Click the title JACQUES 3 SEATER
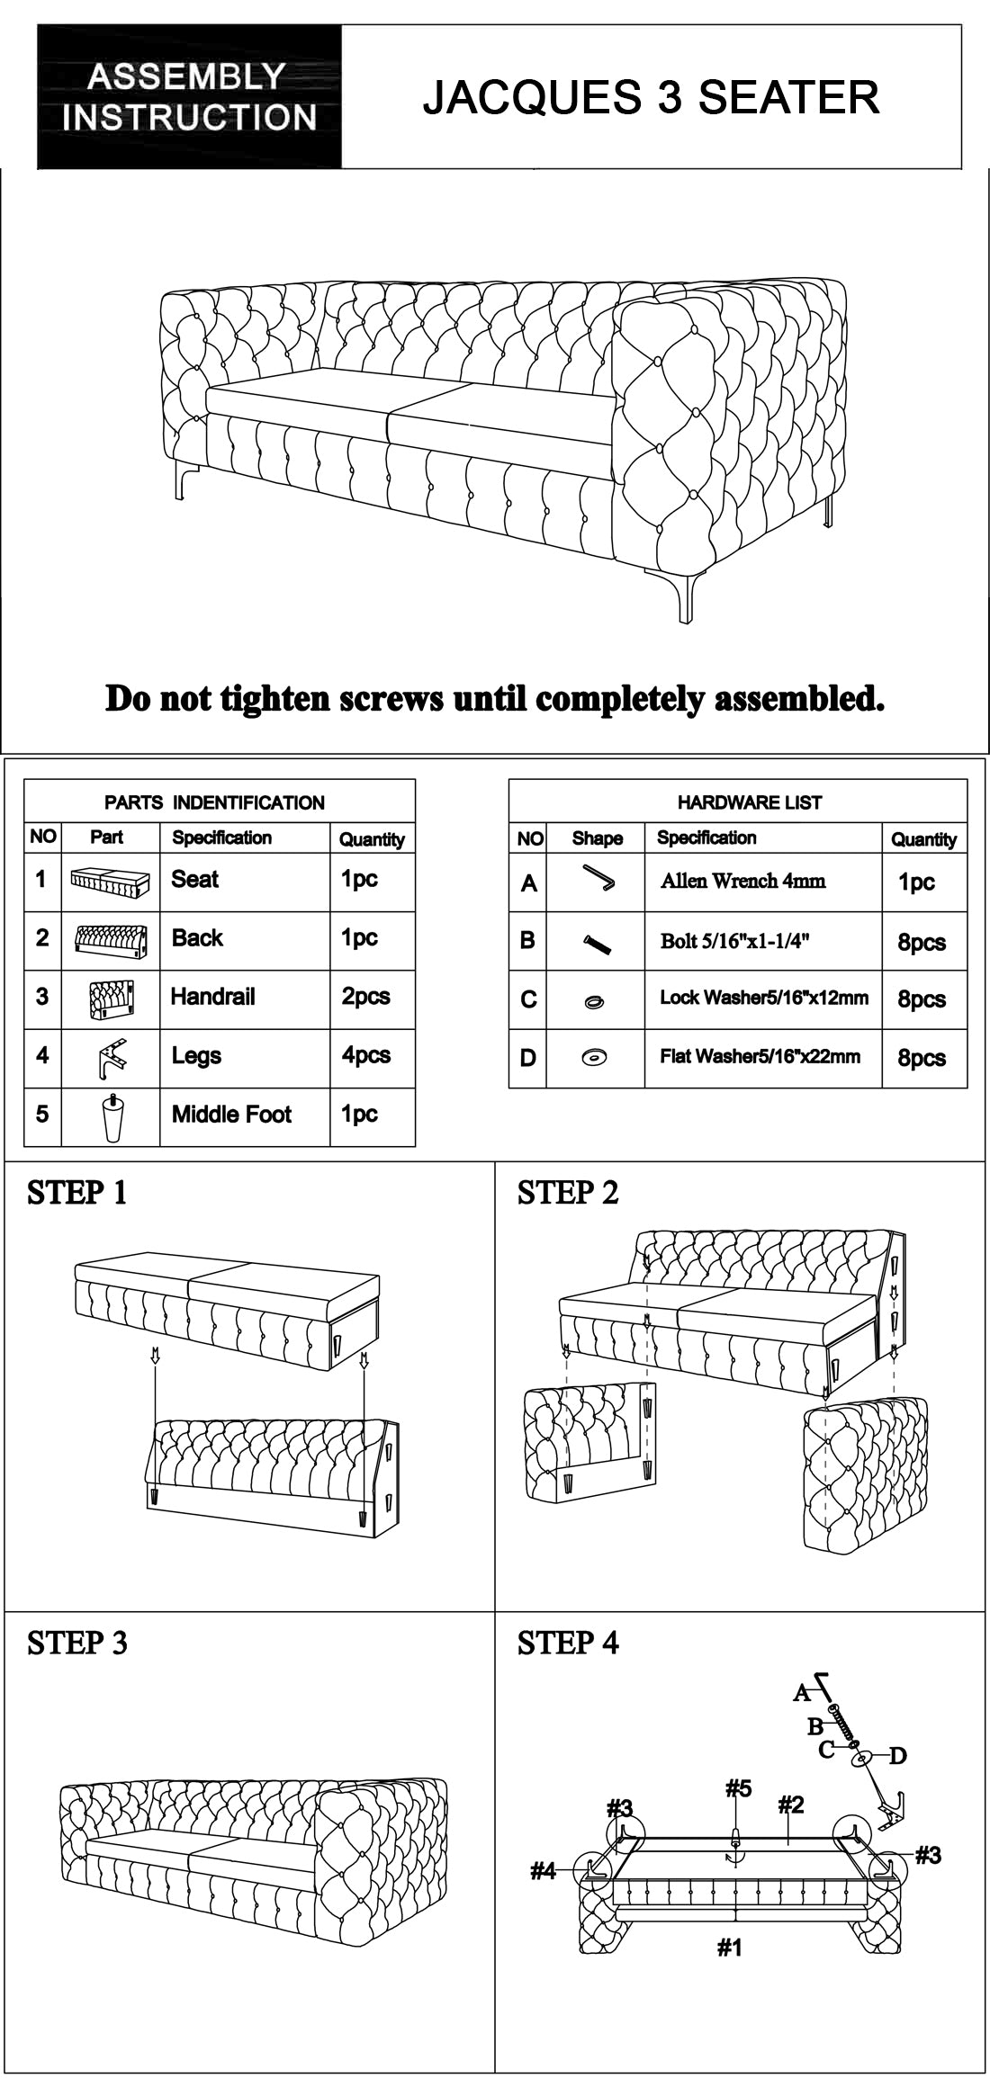(x=651, y=97)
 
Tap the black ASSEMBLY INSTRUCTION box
(x=189, y=97)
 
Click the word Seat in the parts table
(x=195, y=879)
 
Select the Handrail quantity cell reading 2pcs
(x=365, y=997)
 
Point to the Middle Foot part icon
(x=111, y=1115)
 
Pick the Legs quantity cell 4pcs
(x=365, y=1055)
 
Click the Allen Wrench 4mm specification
(x=742, y=881)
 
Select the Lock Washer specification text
(x=764, y=998)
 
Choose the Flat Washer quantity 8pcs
(x=922, y=1057)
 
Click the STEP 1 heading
(x=77, y=1193)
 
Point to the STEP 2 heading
(x=568, y=1193)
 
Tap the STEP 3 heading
(x=77, y=1643)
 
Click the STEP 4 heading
(x=568, y=1643)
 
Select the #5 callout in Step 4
(x=738, y=1788)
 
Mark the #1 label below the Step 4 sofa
(x=730, y=1948)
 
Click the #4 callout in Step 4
(x=544, y=1871)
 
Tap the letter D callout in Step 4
(x=897, y=1755)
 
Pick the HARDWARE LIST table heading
(x=749, y=802)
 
